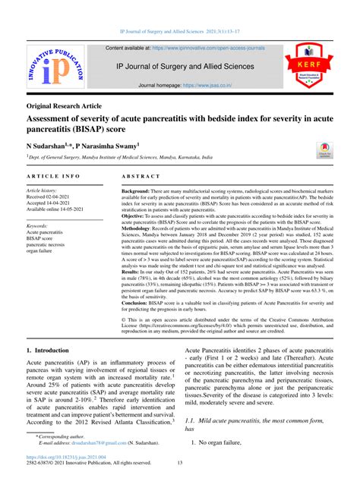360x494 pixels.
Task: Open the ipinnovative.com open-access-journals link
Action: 209,48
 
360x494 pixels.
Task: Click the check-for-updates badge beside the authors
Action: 324,149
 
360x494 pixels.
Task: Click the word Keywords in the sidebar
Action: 43,226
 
